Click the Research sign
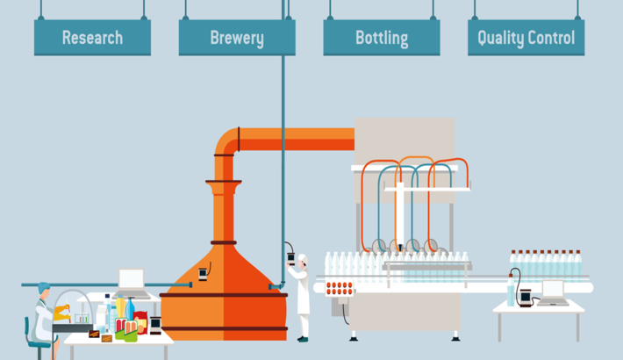coord(92,38)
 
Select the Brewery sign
coord(237,38)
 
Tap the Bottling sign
coord(382,38)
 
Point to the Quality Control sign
coord(526,38)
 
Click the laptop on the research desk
coord(132,281)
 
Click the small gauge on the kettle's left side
coord(204,272)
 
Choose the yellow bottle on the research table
coord(120,308)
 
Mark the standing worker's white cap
coord(302,257)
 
